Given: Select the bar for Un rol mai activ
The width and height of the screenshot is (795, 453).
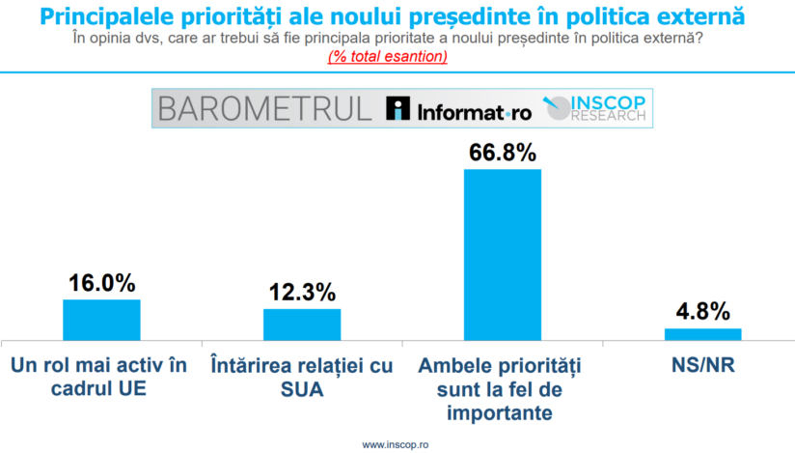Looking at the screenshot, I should point(101,319).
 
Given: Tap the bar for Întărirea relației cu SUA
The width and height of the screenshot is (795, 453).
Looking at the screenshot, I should point(302,324).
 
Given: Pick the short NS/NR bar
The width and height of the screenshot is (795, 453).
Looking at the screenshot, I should point(702,333).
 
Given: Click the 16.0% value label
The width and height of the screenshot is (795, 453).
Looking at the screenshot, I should point(101,284).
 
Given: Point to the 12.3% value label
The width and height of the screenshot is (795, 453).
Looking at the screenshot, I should point(302,293).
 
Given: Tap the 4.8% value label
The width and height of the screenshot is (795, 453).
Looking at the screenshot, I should point(702,313).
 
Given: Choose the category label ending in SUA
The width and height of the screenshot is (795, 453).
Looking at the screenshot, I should point(301,379).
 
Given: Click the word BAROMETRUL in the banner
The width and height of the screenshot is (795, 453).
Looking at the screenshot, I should point(264,108).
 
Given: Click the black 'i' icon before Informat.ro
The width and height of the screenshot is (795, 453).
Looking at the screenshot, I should point(397,109).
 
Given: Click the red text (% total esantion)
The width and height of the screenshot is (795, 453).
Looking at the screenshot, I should point(388,56).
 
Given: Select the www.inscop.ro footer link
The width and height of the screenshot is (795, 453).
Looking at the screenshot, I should point(396,444).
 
